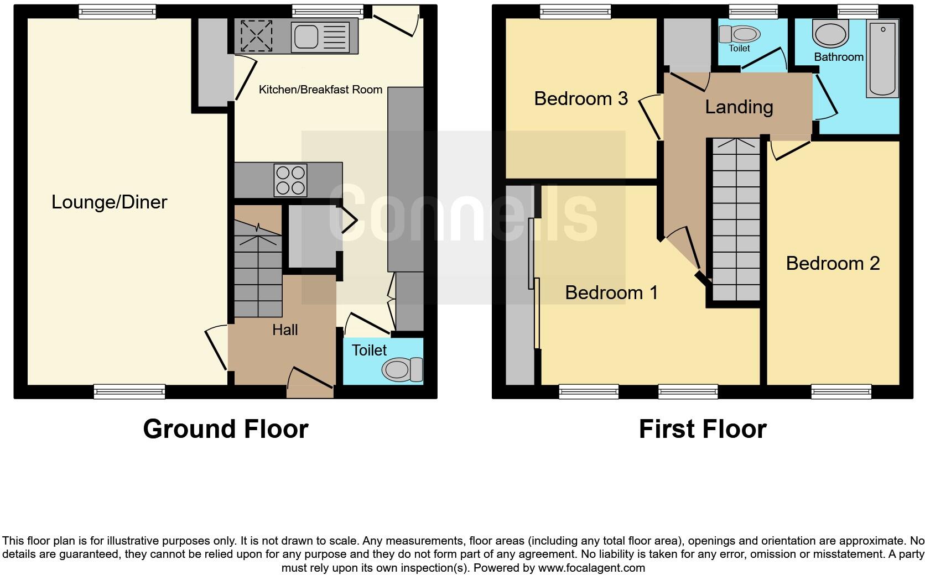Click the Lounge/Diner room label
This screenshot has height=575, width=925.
point(109,202)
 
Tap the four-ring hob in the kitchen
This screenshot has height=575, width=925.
point(290,180)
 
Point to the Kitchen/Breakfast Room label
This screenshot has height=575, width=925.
point(320,90)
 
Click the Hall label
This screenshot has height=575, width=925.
point(285,330)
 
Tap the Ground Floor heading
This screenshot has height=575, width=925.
point(225,429)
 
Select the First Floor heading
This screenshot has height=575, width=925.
point(702,429)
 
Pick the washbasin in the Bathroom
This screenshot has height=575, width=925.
point(830,34)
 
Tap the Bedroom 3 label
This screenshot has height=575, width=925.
point(580,98)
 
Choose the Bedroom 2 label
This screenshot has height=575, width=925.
point(832,263)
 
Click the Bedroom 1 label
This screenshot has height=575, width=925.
point(611,292)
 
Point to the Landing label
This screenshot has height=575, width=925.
point(739,107)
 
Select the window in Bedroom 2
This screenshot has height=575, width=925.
point(841,391)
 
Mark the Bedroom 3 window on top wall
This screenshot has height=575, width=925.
point(575,11)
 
